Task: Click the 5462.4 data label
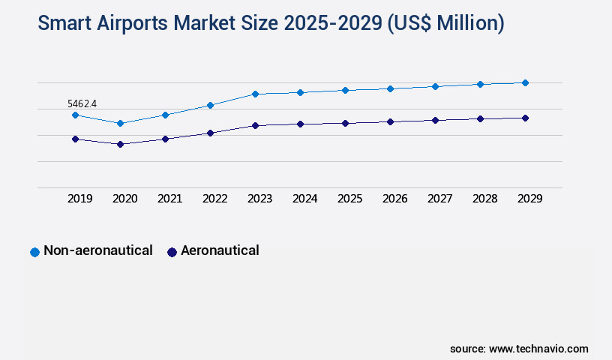click(82, 103)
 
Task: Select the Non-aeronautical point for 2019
click(75, 115)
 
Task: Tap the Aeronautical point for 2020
click(120, 144)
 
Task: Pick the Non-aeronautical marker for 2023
click(255, 94)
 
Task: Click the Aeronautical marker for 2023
click(255, 125)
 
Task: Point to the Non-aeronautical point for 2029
click(525, 82)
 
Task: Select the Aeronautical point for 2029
click(525, 118)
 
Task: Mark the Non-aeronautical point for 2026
click(390, 88)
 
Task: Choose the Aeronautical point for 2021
click(165, 139)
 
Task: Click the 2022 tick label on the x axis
click(214, 199)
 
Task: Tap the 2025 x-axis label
click(349, 199)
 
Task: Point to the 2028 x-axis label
click(484, 199)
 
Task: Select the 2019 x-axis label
click(79, 199)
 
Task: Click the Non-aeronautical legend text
click(97, 250)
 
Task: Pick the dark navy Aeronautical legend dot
click(172, 252)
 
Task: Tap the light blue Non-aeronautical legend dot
click(34, 252)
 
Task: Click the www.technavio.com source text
click(538, 349)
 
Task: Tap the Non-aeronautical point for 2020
click(120, 123)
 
